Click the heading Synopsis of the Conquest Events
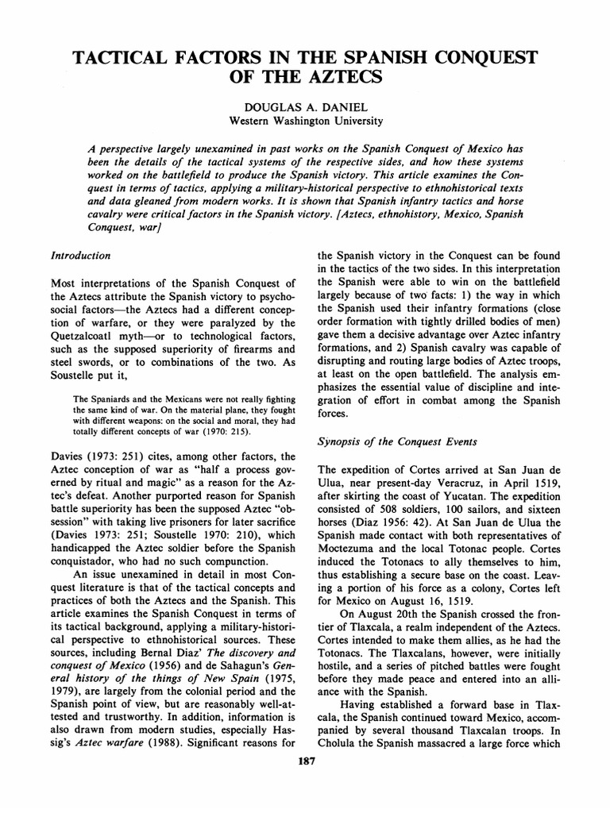pos(388,438)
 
